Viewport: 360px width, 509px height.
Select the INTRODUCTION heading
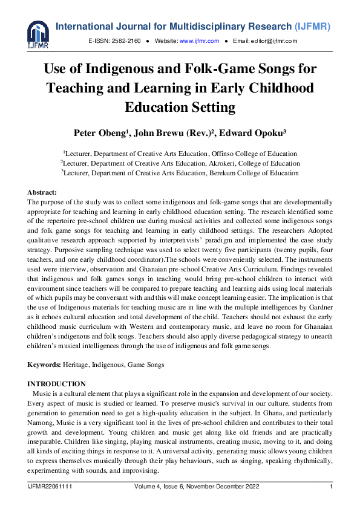(57, 384)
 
